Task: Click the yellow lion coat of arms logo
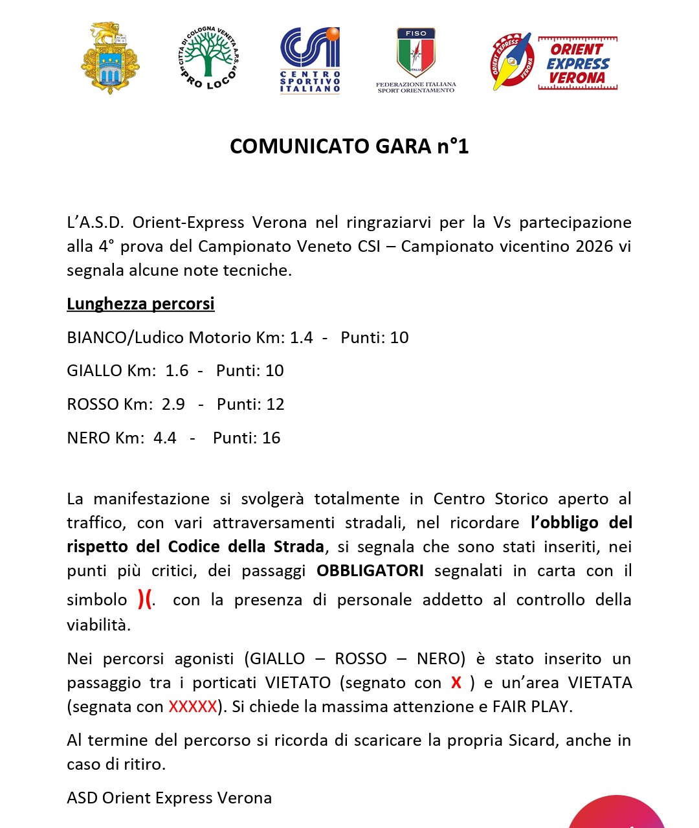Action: coord(110,59)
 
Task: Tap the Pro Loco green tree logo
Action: coord(207,59)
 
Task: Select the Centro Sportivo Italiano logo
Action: coord(310,60)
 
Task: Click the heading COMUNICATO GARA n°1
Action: coord(349,146)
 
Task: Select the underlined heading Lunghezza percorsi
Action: coord(140,304)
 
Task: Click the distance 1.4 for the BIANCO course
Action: coord(301,337)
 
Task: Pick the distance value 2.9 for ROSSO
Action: coord(173,404)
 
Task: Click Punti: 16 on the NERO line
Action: coord(247,438)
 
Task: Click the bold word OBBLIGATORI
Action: coord(370,570)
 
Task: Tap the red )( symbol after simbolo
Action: coord(145,599)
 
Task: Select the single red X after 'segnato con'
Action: coord(456,682)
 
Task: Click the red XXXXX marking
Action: coord(193,706)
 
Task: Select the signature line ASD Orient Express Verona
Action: coord(170,798)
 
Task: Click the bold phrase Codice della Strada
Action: coord(246,546)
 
